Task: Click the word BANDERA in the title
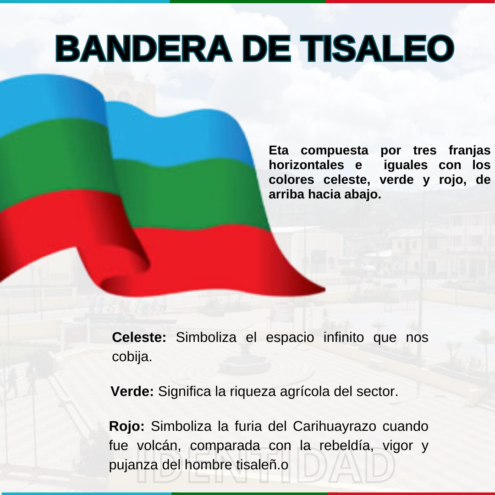click(143, 49)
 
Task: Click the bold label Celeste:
click(139, 337)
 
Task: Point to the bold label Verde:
click(132, 391)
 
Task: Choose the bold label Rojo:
click(126, 426)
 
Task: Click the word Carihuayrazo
click(334, 427)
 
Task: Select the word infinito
click(343, 337)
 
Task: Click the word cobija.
click(132, 357)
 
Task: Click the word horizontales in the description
click(306, 165)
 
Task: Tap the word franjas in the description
click(469, 151)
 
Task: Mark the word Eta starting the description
click(279, 150)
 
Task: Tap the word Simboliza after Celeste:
click(206, 337)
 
